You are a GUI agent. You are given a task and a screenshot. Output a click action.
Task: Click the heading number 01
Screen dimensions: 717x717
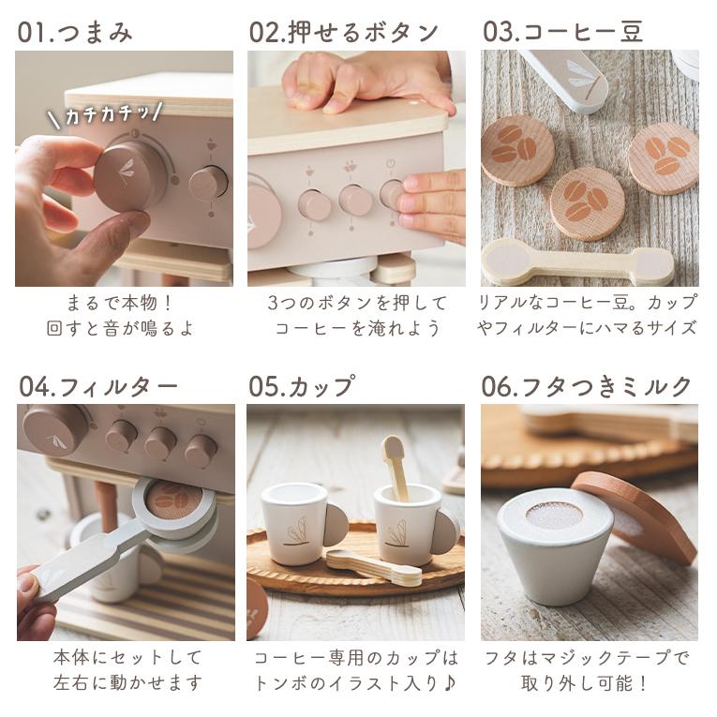32,32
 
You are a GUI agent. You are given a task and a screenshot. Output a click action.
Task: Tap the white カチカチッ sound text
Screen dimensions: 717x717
107,114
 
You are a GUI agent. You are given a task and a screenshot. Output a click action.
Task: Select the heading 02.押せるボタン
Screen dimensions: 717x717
343,32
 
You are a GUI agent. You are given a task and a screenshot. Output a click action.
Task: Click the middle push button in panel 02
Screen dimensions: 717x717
354,201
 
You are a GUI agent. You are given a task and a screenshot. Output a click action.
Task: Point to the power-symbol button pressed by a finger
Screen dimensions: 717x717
392,194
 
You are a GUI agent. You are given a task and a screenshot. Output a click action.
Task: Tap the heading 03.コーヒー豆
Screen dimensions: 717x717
563,32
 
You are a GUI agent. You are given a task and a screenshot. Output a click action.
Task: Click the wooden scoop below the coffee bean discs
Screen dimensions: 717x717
578,262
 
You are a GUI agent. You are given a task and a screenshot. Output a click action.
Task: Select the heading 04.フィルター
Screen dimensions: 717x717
98,386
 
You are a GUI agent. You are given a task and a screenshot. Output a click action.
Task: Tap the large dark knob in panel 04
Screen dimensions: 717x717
56,429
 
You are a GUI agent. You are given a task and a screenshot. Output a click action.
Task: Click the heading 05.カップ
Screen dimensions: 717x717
302,386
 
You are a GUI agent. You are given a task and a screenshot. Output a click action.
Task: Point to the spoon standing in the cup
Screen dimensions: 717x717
396,467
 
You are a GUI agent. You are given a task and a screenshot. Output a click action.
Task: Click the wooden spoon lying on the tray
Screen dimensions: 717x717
374,568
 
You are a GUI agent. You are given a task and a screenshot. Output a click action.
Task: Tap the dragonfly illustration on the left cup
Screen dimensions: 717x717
296,531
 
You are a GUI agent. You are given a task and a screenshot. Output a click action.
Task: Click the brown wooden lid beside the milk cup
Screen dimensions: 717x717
636,515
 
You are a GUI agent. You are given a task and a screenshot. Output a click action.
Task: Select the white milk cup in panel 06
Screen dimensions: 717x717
555,549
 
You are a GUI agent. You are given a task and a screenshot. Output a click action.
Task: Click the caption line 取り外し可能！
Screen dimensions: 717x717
585,683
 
